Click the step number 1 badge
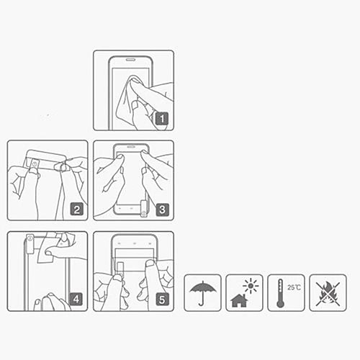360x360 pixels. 162,119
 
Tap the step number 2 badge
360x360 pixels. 76,210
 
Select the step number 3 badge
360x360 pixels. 162,210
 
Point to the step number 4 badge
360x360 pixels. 76,300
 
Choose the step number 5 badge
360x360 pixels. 162,300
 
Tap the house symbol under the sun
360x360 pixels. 239,300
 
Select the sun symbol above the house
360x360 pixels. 251,286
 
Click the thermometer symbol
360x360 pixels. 280,293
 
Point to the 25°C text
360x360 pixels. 294,287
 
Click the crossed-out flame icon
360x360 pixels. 328,294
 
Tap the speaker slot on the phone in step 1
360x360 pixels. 130,59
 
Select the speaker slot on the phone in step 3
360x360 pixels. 131,146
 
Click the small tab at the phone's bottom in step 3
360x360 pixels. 144,209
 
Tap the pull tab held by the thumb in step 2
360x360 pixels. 35,164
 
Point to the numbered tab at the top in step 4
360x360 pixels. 30,243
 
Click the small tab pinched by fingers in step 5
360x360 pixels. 120,270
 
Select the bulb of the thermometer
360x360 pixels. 280,304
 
